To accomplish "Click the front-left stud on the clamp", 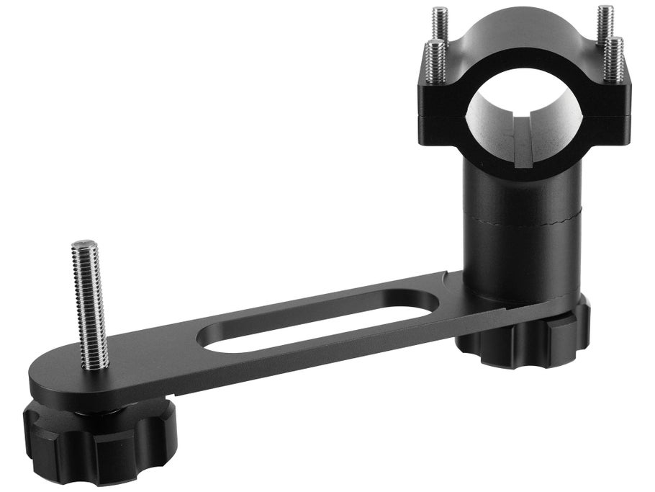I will click(x=435, y=61).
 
